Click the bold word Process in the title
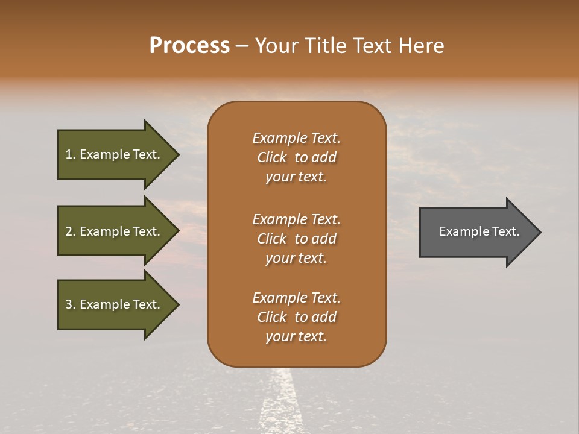pyautogui.click(x=189, y=46)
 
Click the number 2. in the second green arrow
pyautogui.click(x=71, y=231)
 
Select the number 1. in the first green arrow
pyautogui.click(x=71, y=154)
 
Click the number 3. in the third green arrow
pyautogui.click(x=71, y=304)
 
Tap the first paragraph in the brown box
pyautogui.click(x=296, y=157)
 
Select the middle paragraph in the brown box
pyautogui.click(x=296, y=239)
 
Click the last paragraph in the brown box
pyautogui.click(x=296, y=317)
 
